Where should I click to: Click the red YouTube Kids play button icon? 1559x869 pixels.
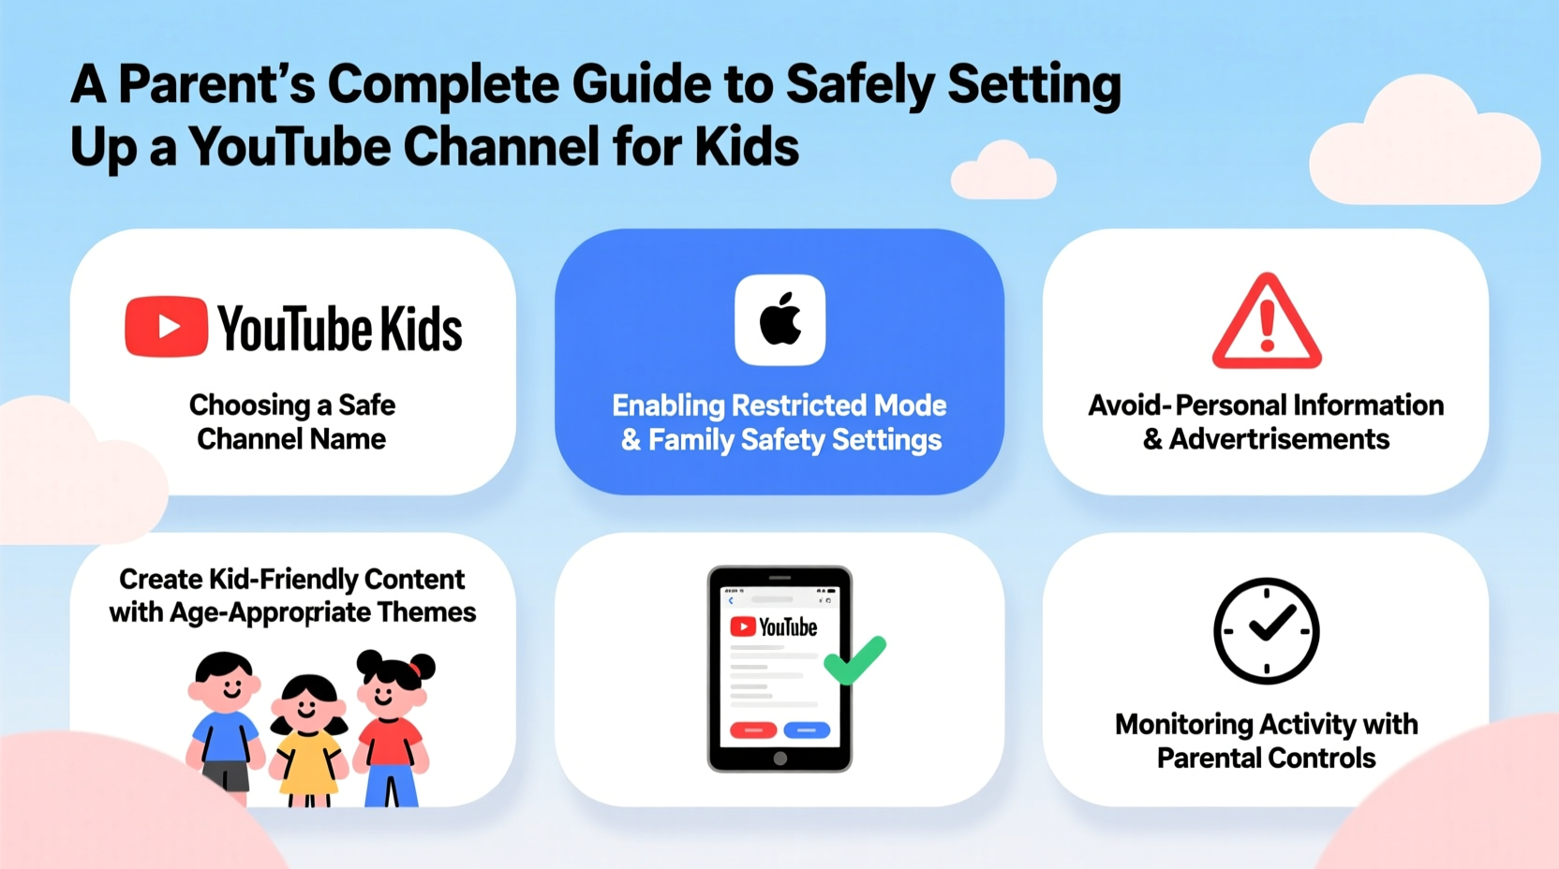pyautogui.click(x=166, y=327)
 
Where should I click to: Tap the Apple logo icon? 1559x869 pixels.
pyautogui.click(x=779, y=320)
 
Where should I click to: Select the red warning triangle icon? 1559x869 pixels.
pyautogui.click(x=1266, y=321)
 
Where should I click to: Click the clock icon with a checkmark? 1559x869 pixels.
pyautogui.click(x=1266, y=630)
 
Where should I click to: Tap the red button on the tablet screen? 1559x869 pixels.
pyautogui.click(x=753, y=729)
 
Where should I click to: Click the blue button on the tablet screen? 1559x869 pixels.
pyautogui.click(x=807, y=729)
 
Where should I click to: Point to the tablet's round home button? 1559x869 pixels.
pyautogui.click(x=779, y=759)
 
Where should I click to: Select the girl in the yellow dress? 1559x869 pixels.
pyautogui.click(x=308, y=740)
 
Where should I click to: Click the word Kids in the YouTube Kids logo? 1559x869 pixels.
pyautogui.click(x=421, y=329)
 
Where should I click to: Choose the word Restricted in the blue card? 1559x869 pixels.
pyautogui.click(x=798, y=405)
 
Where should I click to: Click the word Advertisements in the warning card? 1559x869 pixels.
pyautogui.click(x=1279, y=439)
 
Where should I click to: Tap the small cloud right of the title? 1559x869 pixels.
pyautogui.click(x=1003, y=171)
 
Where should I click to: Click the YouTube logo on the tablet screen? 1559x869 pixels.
pyautogui.click(x=774, y=626)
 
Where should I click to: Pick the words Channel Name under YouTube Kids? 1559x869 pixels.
pyautogui.click(x=291, y=439)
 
